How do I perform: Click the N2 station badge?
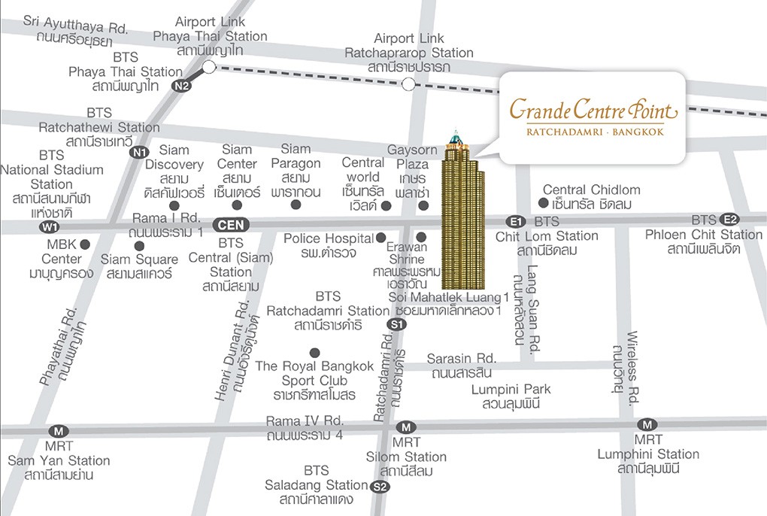point(182,86)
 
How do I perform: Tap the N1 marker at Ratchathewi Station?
point(139,153)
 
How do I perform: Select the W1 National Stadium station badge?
point(50,226)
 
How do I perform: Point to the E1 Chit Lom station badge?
point(515,221)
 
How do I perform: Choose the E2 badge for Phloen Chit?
point(729,220)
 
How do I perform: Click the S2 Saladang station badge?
point(380,487)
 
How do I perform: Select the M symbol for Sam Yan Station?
point(59,431)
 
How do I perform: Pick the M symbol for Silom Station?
point(406,426)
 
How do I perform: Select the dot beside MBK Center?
point(85,244)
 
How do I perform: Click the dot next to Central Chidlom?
point(543,203)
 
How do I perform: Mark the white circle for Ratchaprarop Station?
point(408,84)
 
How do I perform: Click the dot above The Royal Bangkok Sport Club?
point(314,352)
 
